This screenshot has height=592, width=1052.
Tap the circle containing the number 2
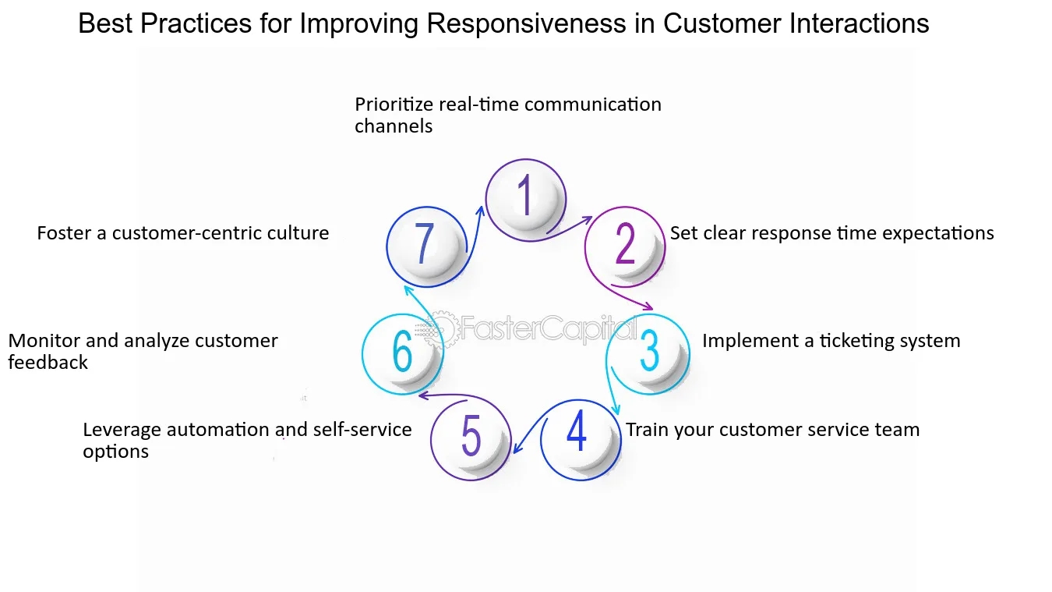click(625, 246)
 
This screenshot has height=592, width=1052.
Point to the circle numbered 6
click(402, 353)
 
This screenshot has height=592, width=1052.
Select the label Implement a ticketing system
click(831, 341)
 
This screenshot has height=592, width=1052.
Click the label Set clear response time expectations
click(831, 233)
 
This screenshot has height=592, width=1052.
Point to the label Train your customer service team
click(772, 430)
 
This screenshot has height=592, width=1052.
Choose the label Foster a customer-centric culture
click(183, 233)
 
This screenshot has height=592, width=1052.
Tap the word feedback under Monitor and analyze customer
click(48, 363)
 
